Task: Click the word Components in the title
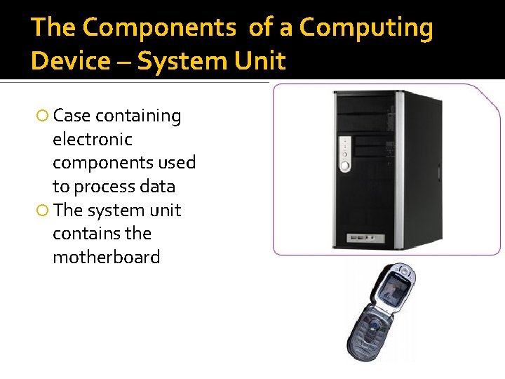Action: click(x=159, y=28)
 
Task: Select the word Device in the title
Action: click(x=71, y=61)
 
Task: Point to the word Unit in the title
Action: click(x=263, y=61)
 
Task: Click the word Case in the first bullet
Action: click(x=72, y=116)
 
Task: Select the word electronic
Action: click(x=92, y=139)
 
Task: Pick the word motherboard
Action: click(x=106, y=257)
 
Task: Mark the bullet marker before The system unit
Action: click(x=43, y=211)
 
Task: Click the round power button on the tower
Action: click(x=344, y=166)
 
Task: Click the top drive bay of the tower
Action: click(x=365, y=105)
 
